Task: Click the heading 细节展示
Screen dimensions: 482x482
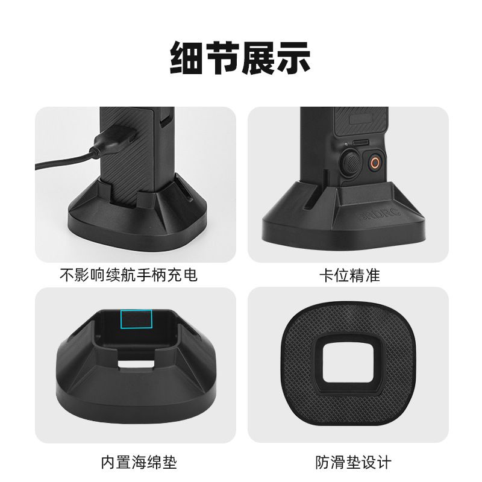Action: [240, 58]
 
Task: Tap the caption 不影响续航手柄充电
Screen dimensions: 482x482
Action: [128, 275]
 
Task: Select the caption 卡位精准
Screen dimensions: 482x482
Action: [350, 275]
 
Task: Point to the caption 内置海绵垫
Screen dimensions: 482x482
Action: [139, 462]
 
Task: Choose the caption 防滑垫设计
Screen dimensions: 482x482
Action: [353, 462]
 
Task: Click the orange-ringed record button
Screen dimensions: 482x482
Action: [374, 162]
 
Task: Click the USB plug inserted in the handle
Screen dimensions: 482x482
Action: [115, 137]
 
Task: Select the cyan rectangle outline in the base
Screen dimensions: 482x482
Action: [136, 319]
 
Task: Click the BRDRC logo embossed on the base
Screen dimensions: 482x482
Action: [380, 214]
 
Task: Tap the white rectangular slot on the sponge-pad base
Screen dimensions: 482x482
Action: [136, 365]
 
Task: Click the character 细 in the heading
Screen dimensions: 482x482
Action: [187, 58]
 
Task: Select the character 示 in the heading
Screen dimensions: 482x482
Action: [293, 58]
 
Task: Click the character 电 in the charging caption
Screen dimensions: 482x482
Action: [190, 275]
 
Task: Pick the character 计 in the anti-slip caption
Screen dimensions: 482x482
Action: [384, 462]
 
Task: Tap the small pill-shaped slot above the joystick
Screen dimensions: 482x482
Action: [360, 143]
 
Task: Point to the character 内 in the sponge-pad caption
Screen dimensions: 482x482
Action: [108, 462]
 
